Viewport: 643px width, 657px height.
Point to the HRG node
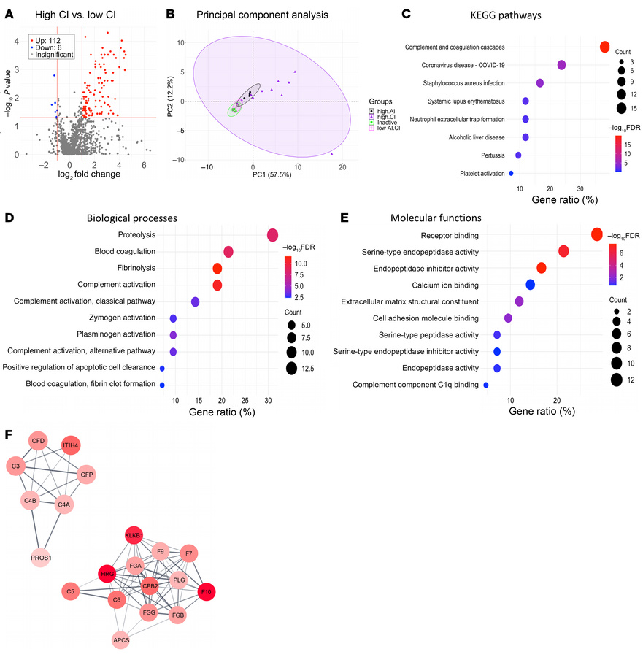pyautogui.click(x=107, y=575)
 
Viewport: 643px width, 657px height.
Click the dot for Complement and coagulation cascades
pyautogui.click(x=604, y=47)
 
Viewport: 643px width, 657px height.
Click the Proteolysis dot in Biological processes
pyautogui.click(x=272, y=235)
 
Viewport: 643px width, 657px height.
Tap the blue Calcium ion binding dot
pyautogui.click(x=530, y=284)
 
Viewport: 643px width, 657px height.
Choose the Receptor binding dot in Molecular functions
pyautogui.click(x=596, y=234)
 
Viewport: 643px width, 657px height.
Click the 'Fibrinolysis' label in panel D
pyautogui.click(x=134, y=268)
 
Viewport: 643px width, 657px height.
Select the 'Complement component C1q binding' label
pyautogui.click(x=415, y=384)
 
